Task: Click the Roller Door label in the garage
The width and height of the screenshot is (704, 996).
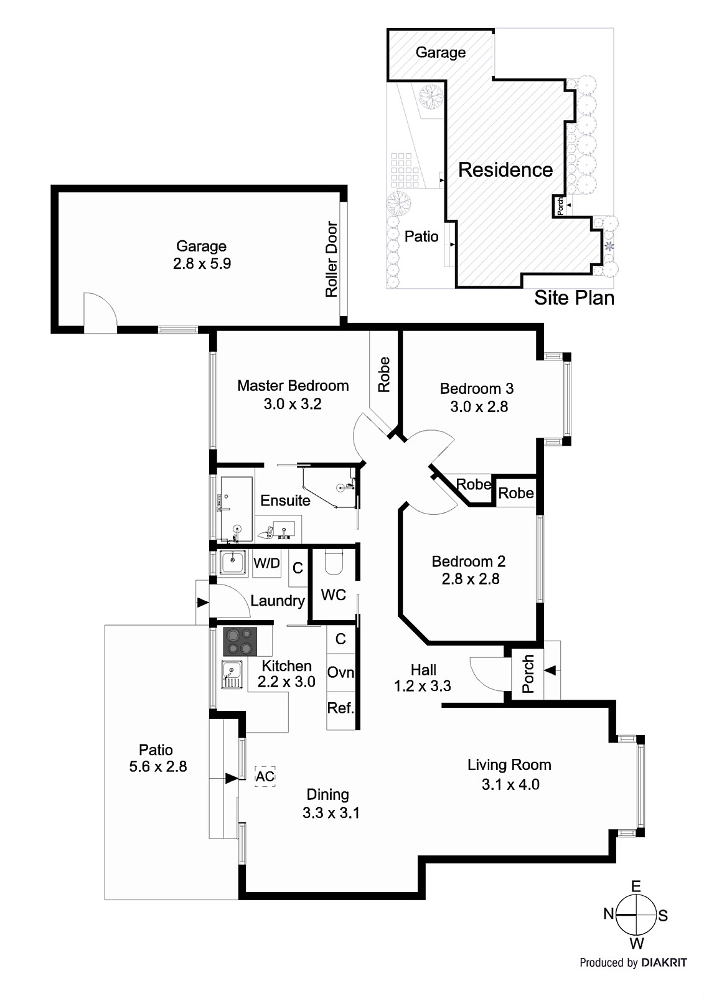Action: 332,259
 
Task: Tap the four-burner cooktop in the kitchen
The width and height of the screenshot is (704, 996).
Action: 240,642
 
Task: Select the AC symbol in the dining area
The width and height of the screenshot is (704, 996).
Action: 265,776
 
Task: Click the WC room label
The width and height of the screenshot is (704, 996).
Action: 333,594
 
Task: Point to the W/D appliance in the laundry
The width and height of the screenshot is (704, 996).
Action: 266,564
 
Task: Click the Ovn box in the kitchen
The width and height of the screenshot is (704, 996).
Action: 340,672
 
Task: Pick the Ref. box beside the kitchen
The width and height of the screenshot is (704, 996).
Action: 340,708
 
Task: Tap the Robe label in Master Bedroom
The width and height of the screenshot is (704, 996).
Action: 384,374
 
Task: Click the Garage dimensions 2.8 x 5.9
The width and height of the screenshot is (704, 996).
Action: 202,264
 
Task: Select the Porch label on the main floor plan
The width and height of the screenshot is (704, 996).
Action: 528,674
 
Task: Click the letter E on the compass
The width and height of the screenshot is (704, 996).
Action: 636,886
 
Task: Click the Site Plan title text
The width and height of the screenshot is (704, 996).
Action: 574,298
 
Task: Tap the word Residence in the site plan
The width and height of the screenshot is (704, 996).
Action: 505,170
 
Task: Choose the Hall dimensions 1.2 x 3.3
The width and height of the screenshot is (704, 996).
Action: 422,686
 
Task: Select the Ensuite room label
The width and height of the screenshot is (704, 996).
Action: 285,500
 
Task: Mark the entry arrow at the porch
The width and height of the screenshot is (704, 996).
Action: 550,670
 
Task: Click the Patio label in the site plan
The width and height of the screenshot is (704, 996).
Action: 421,237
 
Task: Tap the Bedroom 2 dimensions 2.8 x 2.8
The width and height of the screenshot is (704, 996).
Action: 470,579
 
